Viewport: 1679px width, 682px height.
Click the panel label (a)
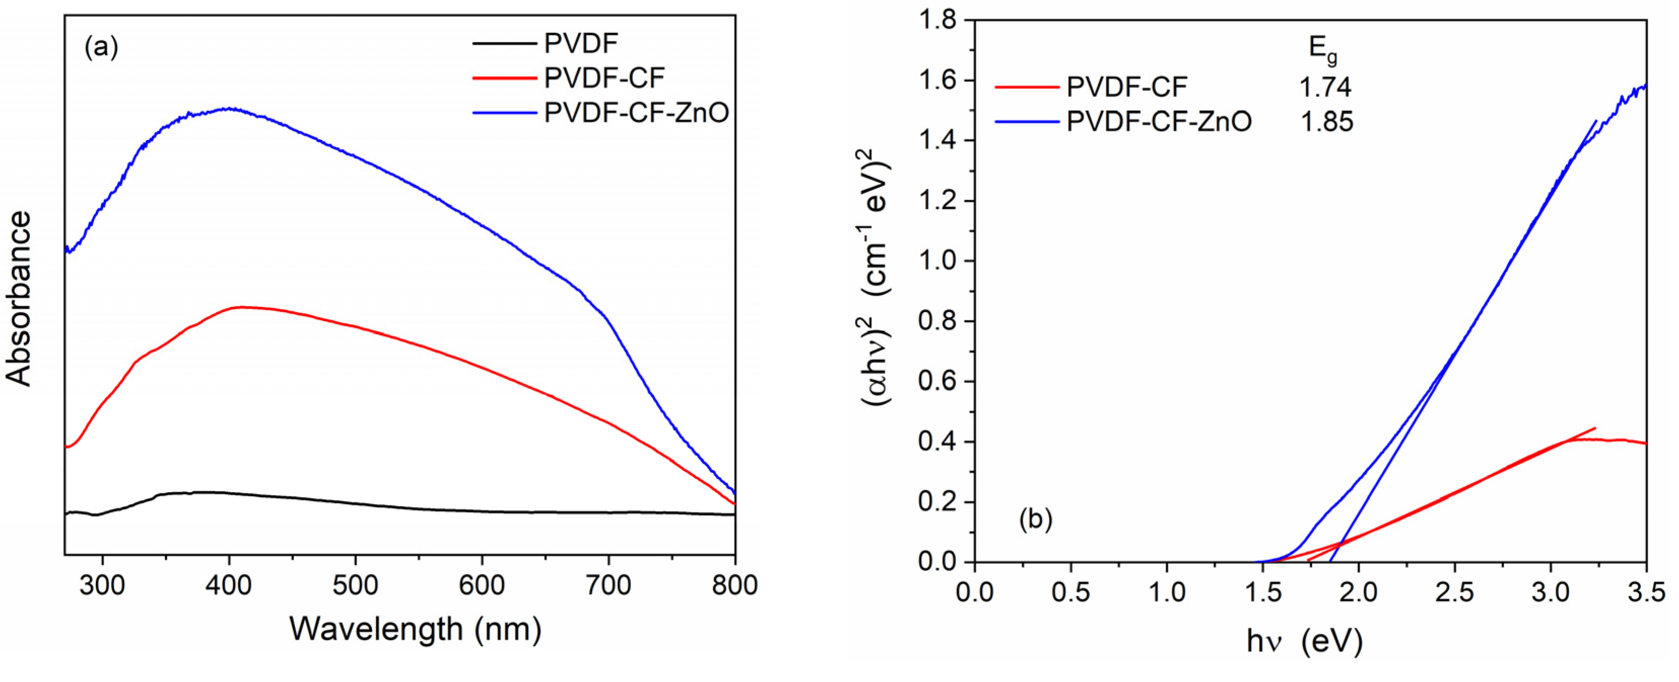101,48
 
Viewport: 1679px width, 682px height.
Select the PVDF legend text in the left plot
581,44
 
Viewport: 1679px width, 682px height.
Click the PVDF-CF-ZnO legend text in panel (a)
636,114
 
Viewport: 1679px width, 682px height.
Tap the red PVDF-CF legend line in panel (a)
503,78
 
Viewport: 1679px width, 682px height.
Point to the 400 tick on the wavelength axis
229,585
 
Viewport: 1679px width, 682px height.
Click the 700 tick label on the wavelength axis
608,585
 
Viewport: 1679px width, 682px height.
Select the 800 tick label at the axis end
734,585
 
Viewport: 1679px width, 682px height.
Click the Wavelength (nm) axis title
415,630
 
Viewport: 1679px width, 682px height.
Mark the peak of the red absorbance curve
242,306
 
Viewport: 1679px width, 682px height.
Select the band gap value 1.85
1327,122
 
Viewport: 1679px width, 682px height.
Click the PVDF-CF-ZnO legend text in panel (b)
1159,122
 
